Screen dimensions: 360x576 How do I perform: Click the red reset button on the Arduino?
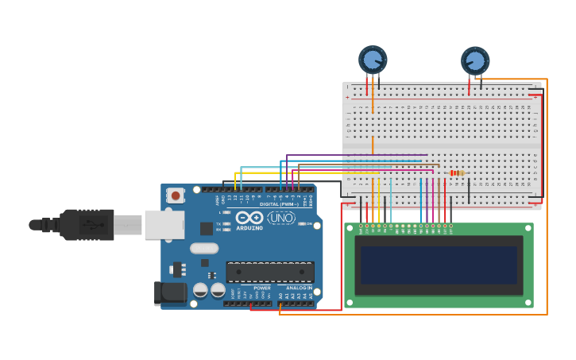coord(175,193)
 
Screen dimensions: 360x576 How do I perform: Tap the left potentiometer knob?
coord(372,60)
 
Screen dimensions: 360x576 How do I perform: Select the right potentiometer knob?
coord(475,60)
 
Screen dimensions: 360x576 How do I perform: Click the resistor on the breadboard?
coord(457,172)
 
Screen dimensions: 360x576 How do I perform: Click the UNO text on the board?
coord(280,218)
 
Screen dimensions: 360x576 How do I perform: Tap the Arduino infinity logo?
coord(249,218)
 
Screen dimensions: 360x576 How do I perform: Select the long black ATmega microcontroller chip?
coord(269,272)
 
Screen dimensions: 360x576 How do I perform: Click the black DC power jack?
coord(170,293)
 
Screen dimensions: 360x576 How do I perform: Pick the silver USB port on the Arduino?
coord(164,225)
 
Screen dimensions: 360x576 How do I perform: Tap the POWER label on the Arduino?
coord(261,288)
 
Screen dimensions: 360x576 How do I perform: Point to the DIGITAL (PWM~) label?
coord(280,204)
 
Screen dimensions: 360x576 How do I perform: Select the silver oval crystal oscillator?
coord(204,248)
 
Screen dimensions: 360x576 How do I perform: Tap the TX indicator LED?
coord(227,223)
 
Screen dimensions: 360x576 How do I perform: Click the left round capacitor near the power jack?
coord(200,290)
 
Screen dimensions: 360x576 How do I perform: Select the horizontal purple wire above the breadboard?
coord(358,155)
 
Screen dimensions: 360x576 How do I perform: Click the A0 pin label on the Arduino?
coord(280,296)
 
